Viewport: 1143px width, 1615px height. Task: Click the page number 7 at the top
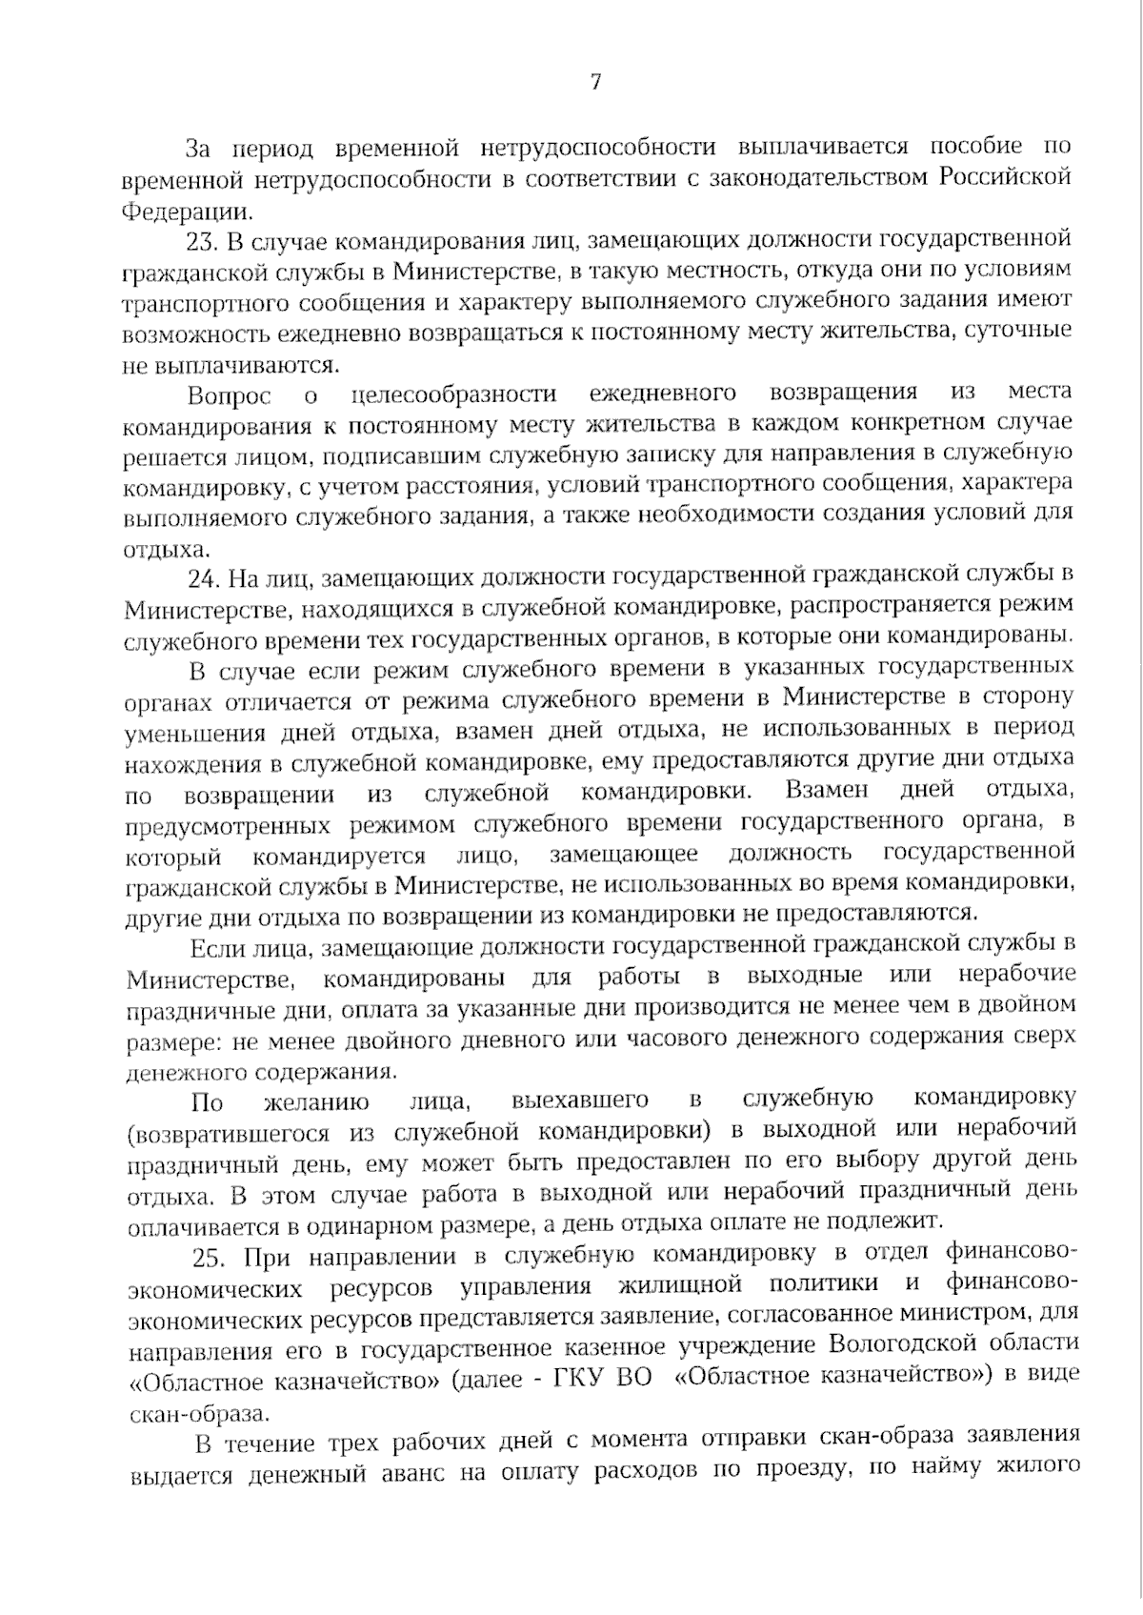(595, 83)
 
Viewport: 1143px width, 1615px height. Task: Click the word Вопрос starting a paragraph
(229, 394)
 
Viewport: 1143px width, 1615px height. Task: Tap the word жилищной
(680, 1286)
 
